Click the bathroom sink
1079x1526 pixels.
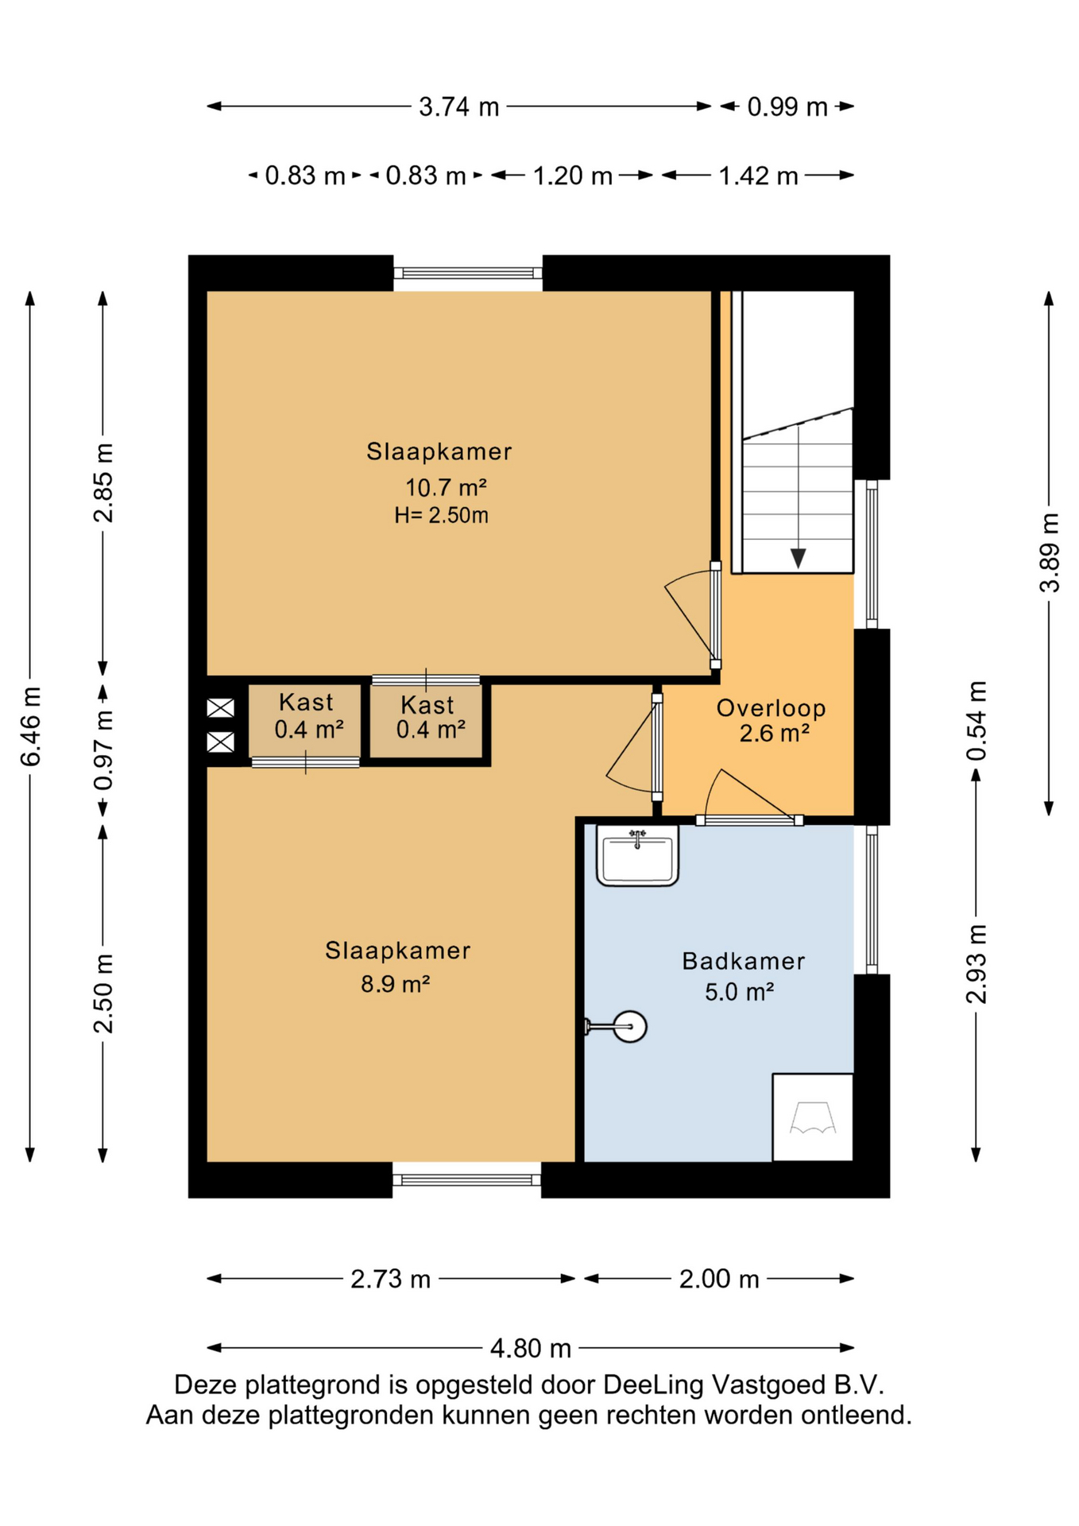coord(637,855)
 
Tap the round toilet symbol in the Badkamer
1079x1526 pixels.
coord(629,1026)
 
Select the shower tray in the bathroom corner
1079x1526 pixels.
coord(813,1117)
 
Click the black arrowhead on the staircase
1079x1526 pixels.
coord(799,558)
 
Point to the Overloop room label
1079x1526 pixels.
coord(771,707)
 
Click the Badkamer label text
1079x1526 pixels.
coord(744,961)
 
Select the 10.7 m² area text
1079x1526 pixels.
coord(446,486)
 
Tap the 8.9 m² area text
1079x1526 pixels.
coord(396,984)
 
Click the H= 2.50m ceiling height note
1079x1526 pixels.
coord(441,515)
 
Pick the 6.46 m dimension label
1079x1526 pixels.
coord(30,726)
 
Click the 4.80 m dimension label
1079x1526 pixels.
coord(531,1348)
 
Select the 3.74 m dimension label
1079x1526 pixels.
coord(459,107)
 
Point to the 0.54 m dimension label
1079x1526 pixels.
coord(977,720)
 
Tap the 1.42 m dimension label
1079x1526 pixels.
coord(758,176)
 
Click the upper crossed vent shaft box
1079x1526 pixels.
coord(220,707)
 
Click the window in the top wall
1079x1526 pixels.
coord(468,273)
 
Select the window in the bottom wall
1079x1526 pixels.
coord(467,1179)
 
